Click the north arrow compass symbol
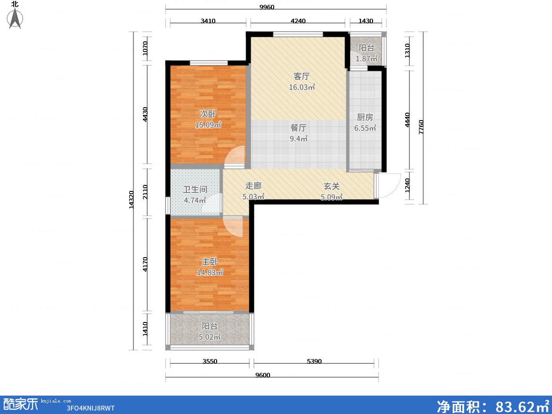[x=15, y=18]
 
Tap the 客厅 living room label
[x=301, y=76]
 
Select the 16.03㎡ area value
[x=302, y=87]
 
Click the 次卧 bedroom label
[x=208, y=114]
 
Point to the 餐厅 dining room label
[x=299, y=128]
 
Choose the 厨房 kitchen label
[x=365, y=117]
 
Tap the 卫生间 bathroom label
[x=195, y=189]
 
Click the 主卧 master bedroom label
[x=209, y=262]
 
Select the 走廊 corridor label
[x=253, y=186]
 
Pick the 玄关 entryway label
[x=332, y=186]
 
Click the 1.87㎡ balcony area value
[x=367, y=58]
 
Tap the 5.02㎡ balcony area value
[x=209, y=337]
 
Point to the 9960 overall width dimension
[x=267, y=7]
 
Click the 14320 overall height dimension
[x=131, y=200]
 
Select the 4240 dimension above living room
[x=298, y=21]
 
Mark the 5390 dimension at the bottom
[x=314, y=361]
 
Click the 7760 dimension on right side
[x=421, y=127]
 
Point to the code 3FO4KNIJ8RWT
[x=91, y=408]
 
